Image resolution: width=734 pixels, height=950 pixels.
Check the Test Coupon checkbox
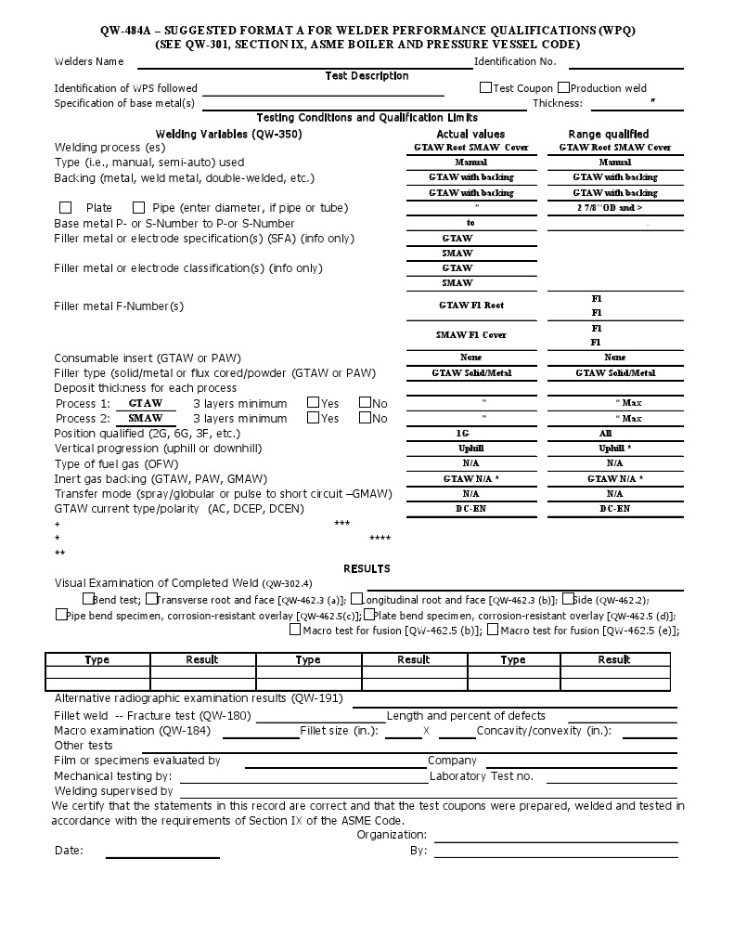tap(485, 87)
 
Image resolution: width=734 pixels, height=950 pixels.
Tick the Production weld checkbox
tap(563, 87)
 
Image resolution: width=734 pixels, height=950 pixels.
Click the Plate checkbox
tap(65, 207)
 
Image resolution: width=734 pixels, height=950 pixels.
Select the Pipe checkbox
tap(139, 207)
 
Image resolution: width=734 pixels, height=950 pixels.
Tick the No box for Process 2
tap(365, 418)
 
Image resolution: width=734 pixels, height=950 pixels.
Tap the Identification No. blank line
tap(625, 65)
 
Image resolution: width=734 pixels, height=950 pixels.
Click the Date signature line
tap(162, 855)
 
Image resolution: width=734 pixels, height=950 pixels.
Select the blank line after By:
tap(556, 855)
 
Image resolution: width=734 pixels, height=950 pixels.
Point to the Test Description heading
tap(367, 76)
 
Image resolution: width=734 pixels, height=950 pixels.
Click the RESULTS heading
tap(367, 568)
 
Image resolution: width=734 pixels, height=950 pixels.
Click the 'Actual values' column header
tap(470, 134)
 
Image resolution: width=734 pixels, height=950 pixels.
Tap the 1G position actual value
tap(470, 434)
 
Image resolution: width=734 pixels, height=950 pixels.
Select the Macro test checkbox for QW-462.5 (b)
tap(295, 630)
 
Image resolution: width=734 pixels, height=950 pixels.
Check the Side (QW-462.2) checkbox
tap(566, 599)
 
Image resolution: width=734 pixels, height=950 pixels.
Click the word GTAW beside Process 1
tap(146, 403)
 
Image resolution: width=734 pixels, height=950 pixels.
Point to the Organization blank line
tap(556, 839)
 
